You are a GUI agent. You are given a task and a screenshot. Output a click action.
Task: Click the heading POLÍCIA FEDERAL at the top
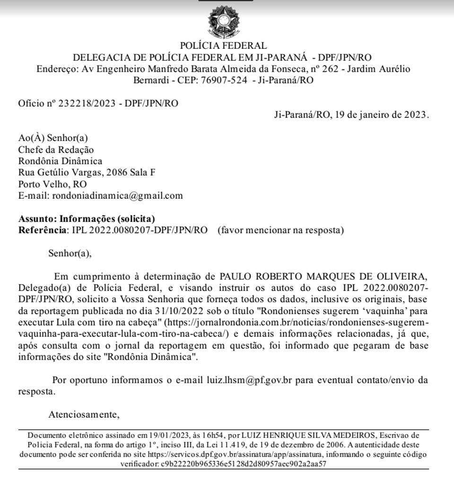(223, 46)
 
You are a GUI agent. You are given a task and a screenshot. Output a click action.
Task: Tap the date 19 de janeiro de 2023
(382, 115)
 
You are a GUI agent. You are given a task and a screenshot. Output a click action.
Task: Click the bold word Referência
(41, 230)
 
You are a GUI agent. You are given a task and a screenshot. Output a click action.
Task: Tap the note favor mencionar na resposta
(280, 230)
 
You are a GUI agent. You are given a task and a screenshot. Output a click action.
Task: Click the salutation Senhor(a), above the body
(70, 254)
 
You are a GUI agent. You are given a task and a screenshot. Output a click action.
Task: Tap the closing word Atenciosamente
(83, 415)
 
